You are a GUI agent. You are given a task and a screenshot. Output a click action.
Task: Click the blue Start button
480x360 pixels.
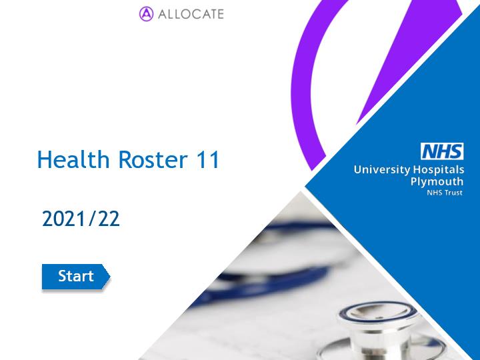76,277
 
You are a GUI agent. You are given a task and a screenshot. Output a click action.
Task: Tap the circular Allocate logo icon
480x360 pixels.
146,14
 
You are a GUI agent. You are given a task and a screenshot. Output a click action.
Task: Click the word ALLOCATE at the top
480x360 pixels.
191,15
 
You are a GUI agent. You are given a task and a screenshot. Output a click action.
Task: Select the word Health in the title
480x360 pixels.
73,159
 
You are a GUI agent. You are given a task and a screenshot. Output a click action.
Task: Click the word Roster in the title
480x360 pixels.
153,159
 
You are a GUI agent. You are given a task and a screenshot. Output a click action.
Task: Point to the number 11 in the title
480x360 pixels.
208,159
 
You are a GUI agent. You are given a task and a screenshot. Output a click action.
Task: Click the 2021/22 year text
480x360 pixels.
81,219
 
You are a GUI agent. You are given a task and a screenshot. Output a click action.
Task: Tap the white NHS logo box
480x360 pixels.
442,151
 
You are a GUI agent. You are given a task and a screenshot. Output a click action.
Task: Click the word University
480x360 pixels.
382,169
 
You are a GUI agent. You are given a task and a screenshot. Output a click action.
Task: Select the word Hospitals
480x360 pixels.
439,169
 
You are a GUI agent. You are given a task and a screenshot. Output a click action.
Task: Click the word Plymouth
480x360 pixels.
437,182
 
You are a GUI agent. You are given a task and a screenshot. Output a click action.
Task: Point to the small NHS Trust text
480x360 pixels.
445,193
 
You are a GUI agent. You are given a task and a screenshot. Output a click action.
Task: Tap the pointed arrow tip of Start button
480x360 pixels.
109,277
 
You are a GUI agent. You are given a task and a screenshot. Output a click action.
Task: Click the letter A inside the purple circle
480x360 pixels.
146,14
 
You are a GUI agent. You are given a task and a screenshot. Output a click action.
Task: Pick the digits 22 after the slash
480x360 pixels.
109,219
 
